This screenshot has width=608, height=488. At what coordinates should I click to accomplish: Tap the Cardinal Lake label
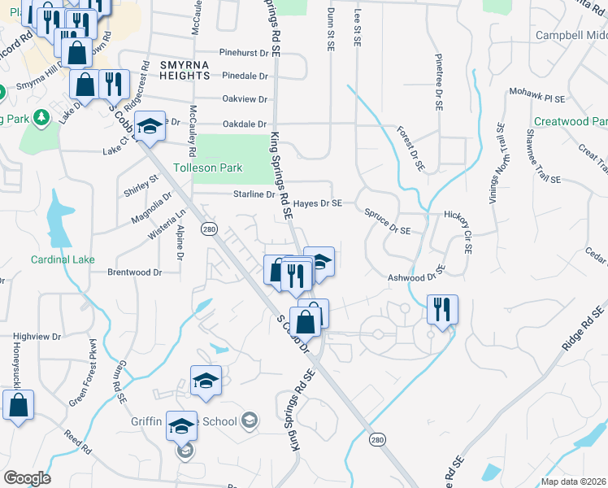(x=63, y=259)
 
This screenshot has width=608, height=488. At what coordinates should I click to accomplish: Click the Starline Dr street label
(x=254, y=194)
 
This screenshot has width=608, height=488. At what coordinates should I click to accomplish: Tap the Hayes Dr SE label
(x=318, y=203)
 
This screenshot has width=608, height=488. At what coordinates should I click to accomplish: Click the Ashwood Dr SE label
(x=417, y=274)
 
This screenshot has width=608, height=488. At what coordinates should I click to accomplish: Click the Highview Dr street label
(x=37, y=335)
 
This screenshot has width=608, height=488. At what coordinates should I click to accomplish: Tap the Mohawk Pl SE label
(x=537, y=96)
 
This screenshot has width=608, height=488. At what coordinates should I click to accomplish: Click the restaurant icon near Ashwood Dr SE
(x=442, y=310)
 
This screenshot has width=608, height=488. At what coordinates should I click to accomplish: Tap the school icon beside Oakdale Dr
(x=150, y=126)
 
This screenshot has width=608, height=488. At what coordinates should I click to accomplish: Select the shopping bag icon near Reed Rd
(x=18, y=404)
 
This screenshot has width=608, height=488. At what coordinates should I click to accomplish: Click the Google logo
(x=27, y=478)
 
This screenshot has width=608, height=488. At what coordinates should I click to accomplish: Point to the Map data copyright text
(x=572, y=481)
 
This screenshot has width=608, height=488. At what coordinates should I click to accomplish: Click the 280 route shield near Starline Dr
(x=210, y=229)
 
